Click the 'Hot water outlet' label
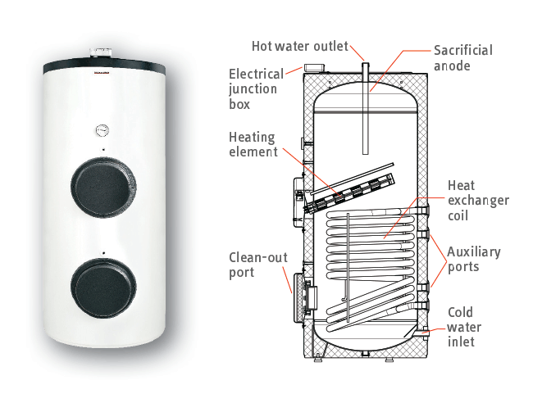point(300,46)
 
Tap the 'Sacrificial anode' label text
point(463,58)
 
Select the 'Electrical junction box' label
point(257,89)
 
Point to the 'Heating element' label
point(253,144)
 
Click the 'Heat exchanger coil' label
point(478,201)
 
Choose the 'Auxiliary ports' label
point(474,259)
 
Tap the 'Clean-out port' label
point(258,265)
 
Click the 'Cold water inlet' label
point(464,327)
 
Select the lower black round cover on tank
point(103,288)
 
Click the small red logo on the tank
point(101,72)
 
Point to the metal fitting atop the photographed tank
point(101,53)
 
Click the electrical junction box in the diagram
point(314,67)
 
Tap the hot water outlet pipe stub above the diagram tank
point(366,67)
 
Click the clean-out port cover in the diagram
point(298,298)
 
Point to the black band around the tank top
point(104,66)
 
